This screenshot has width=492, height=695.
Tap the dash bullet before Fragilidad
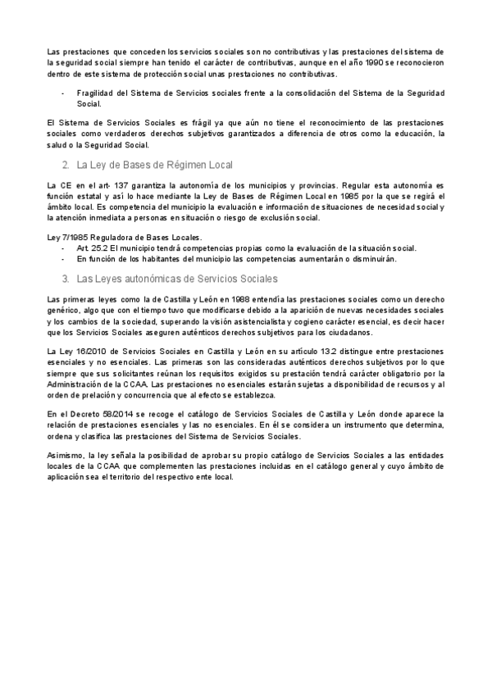tap(62, 93)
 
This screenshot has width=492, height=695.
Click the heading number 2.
tap(65, 165)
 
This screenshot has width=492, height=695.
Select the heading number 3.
tap(65, 279)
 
